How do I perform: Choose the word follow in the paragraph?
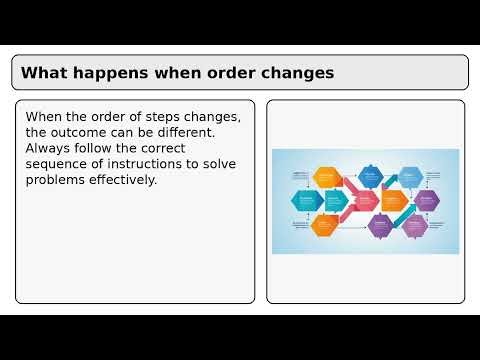point(102,148)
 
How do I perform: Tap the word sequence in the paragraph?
point(59,164)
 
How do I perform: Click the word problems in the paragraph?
point(59,180)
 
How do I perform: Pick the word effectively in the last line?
point(126,180)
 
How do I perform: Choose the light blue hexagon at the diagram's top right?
point(410,177)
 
